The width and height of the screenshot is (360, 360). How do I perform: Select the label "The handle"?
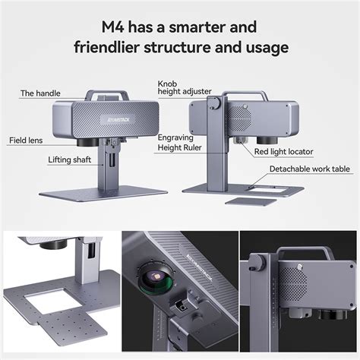(x=38, y=93)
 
